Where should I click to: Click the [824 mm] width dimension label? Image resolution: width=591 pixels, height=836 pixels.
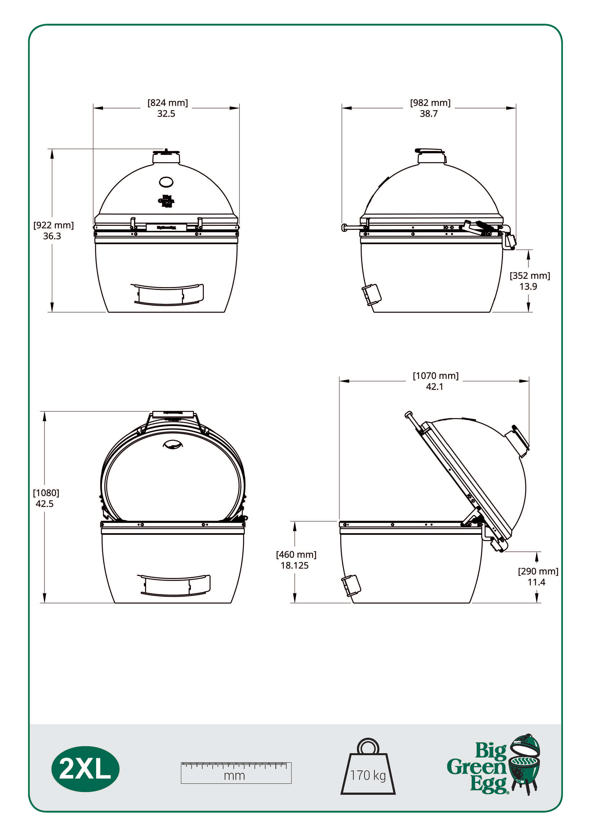pyautogui.click(x=167, y=103)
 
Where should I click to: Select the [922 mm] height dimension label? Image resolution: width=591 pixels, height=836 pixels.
pyautogui.click(x=53, y=225)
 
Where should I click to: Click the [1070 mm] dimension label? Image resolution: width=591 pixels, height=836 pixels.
pyautogui.click(x=435, y=376)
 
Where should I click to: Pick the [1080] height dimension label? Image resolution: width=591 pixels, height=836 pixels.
pyautogui.click(x=46, y=493)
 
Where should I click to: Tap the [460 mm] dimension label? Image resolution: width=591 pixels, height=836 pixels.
pyautogui.click(x=296, y=555)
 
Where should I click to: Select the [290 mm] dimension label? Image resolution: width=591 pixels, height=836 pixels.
pyautogui.click(x=538, y=571)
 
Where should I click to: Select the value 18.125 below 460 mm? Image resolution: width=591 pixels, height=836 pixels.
pyautogui.click(x=295, y=565)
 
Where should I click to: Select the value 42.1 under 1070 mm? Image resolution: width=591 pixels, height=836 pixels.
pyautogui.click(x=435, y=387)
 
